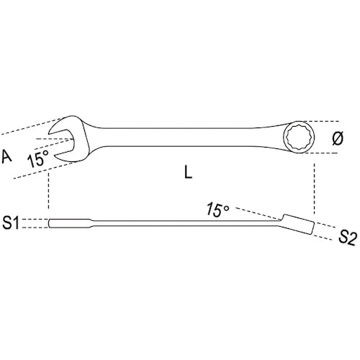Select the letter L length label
187,173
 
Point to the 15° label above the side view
216,210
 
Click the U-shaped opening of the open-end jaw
63,136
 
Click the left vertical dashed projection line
49,191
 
